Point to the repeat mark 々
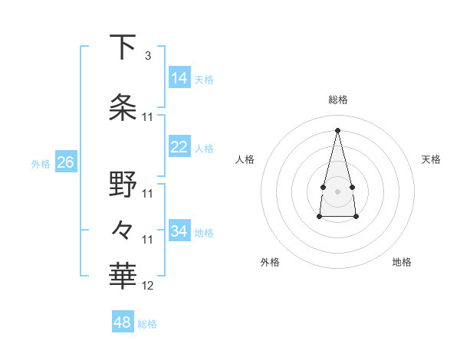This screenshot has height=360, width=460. [x=123, y=230]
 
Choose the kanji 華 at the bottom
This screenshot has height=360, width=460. [x=123, y=276]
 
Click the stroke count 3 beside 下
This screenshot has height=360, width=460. [x=147, y=56]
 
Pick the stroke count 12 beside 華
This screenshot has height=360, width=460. [x=148, y=286]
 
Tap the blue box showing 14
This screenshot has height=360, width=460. [x=179, y=77]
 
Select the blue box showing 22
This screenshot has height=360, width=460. [x=179, y=147]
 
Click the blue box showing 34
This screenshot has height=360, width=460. [x=179, y=231]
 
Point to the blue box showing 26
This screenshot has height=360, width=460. [x=65, y=162]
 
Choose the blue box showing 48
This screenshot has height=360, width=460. [x=123, y=322]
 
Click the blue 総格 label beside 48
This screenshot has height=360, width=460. [x=147, y=324]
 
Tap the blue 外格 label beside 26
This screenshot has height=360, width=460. [x=40, y=163]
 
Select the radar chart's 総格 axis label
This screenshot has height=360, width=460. [x=337, y=100]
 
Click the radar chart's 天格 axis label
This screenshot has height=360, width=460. [x=431, y=159]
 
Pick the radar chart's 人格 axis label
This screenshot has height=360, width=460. [x=245, y=159]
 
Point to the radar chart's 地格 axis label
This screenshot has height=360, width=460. [x=402, y=262]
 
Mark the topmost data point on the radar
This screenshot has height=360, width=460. [x=337, y=129]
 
